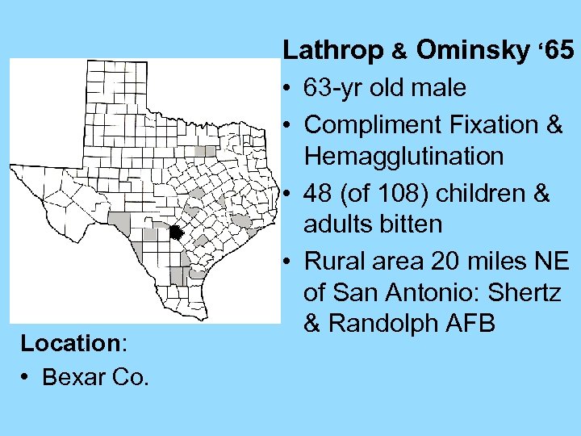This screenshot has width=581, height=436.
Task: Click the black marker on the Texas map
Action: tap(177, 233)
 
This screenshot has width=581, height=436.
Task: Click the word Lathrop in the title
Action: tap(332, 51)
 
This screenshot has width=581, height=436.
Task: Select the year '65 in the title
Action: tap(554, 51)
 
